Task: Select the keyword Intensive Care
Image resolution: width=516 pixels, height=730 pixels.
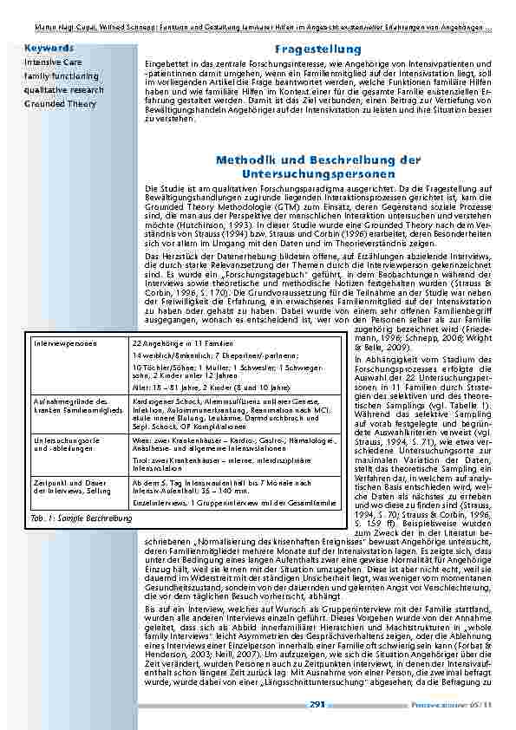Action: click(x=53, y=62)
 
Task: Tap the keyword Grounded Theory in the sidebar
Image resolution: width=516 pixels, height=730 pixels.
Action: click(x=60, y=104)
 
